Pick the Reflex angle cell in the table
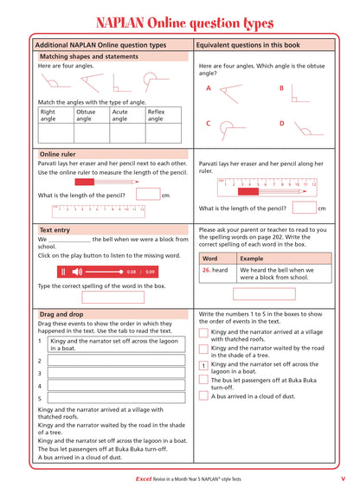[163, 115]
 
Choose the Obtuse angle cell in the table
[92, 115]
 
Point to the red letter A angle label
[209, 88]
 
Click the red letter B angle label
[281, 88]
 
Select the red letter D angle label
[281, 124]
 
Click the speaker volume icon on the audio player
[77, 272]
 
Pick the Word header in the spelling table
[209, 258]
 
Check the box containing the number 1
[203, 366]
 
